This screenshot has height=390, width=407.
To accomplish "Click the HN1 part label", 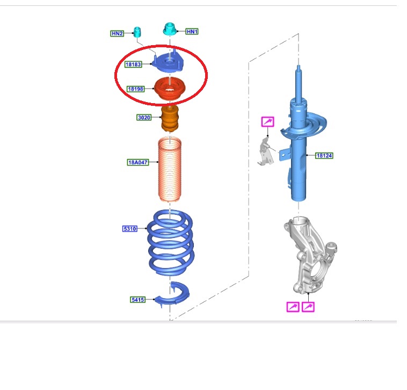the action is pos(192,31).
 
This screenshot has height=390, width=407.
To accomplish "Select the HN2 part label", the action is pos(117,33).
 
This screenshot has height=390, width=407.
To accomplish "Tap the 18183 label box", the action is pos(133,64).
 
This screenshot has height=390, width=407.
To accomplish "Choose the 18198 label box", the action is pos(135,89).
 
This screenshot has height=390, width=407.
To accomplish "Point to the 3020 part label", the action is pos(144,117).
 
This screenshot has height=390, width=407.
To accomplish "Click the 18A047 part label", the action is pos(138,162).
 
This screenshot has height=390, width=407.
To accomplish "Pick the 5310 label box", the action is pos(130,229).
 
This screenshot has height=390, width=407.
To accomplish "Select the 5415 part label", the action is pos(137,300).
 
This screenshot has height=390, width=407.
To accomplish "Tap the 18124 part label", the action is pos(324,156).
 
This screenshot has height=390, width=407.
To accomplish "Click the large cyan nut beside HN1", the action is pos(170,29).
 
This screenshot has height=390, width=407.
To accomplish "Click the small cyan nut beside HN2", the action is pos(137,32).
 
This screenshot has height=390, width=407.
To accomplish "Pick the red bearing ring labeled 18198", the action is pos(170,89).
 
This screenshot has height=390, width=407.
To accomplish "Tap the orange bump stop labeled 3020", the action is pos(170,118).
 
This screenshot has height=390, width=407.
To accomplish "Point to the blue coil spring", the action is pos(171,243).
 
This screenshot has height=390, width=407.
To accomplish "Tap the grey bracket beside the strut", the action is pos(266,153).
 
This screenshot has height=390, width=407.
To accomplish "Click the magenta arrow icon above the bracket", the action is pos(267,122).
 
